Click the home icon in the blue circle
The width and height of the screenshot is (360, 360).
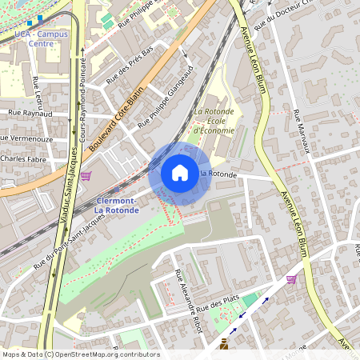pos(180,172)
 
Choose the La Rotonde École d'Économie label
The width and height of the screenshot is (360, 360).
pos(214,121)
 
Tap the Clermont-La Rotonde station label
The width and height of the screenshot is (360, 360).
pos(117,206)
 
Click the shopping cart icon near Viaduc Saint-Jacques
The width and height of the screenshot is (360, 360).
pos(86,175)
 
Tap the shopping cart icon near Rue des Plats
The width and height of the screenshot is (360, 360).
pos(291,279)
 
